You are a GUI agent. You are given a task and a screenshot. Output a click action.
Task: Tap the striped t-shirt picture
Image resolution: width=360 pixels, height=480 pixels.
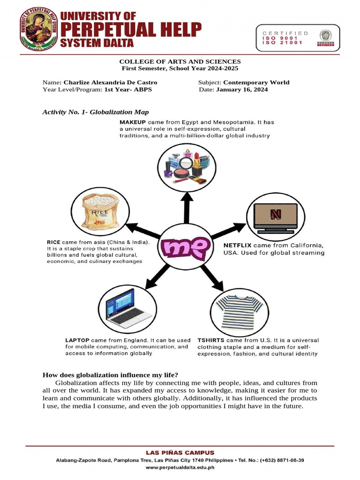point(239,311)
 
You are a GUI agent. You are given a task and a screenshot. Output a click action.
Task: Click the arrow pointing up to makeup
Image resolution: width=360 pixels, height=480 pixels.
point(187,206)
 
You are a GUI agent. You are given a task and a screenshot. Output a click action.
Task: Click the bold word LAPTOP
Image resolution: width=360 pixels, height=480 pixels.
point(78,340)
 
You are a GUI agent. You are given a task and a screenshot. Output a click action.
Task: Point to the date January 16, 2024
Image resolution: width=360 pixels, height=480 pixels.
point(242,90)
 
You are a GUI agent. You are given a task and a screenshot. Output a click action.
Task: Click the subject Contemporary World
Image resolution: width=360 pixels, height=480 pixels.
point(256,82)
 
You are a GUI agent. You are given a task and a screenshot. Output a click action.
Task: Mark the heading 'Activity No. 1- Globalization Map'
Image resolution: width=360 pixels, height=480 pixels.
point(96,112)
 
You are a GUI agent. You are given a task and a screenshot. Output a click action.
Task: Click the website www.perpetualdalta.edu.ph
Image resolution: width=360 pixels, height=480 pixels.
point(180,467)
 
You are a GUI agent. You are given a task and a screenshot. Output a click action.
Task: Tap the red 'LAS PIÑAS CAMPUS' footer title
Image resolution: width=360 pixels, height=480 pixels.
point(180,453)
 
